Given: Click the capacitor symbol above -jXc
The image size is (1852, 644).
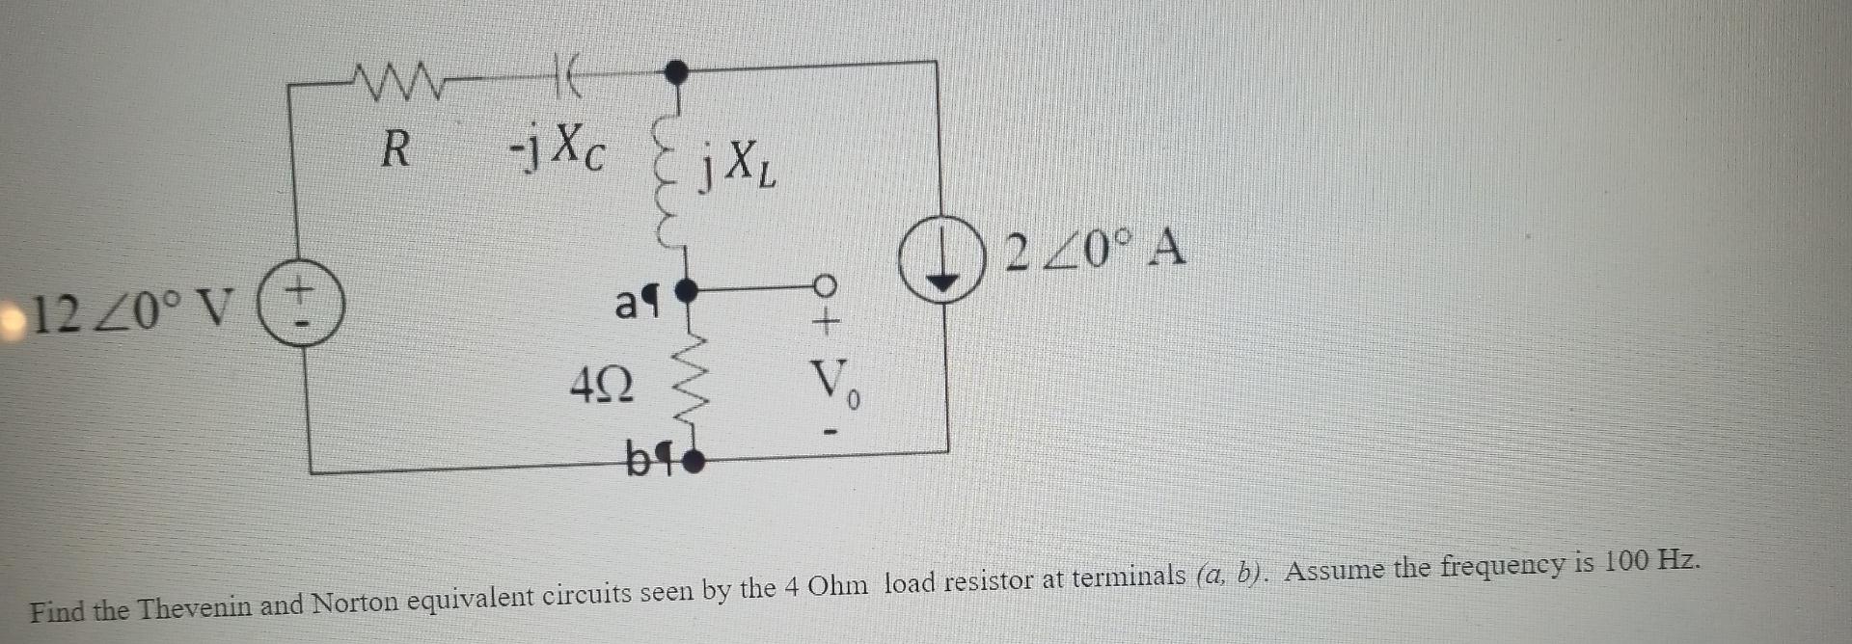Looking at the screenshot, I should [567, 79].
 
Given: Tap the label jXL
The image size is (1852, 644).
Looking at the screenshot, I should [738, 166].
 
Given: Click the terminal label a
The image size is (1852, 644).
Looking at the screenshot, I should [629, 305].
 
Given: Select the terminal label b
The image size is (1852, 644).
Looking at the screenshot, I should [640, 460].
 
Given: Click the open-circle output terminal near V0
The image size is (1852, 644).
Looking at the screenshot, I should [824, 285].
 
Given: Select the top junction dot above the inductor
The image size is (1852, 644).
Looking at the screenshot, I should [677, 69].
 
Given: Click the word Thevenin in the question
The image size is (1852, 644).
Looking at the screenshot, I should [195, 607].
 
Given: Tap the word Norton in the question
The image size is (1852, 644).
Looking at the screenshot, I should [354, 602].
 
